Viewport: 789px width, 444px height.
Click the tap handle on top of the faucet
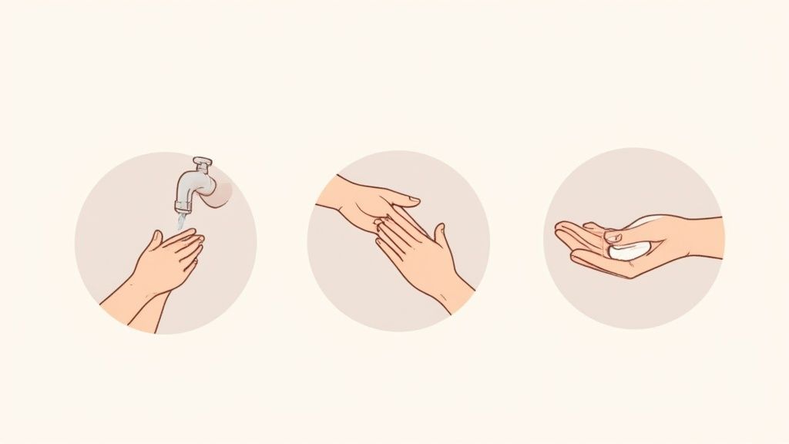click(x=202, y=163)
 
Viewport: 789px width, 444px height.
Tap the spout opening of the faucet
click(x=182, y=207)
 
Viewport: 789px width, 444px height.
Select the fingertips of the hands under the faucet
click(x=197, y=245)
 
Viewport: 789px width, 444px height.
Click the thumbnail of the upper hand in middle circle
click(x=413, y=200)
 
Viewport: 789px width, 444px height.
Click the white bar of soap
click(x=629, y=250)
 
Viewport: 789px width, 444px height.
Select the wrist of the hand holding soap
click(x=697, y=238)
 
